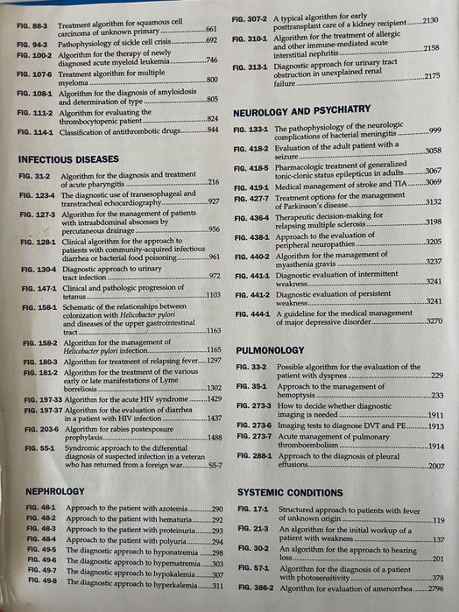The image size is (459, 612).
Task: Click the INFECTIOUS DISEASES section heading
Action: coord(68,159)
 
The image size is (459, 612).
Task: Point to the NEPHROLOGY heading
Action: coord(55,491)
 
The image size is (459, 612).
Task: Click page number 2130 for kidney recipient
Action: coord(430,19)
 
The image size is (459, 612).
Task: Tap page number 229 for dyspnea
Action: coord(436,376)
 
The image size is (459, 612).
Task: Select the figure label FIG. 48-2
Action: coord(33,519)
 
